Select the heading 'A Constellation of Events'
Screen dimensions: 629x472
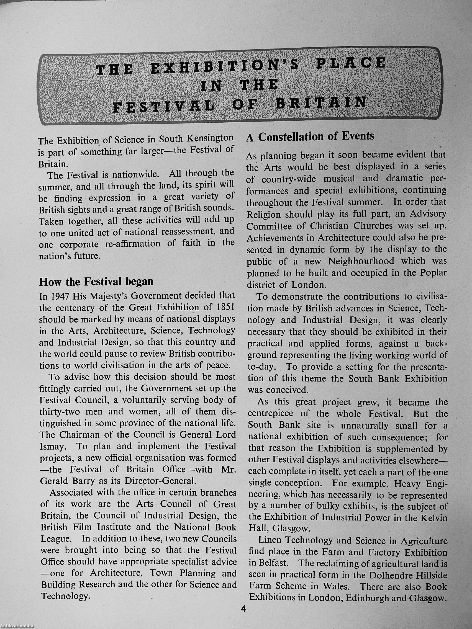(x=310, y=137)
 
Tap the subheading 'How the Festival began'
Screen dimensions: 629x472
(x=96, y=282)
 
